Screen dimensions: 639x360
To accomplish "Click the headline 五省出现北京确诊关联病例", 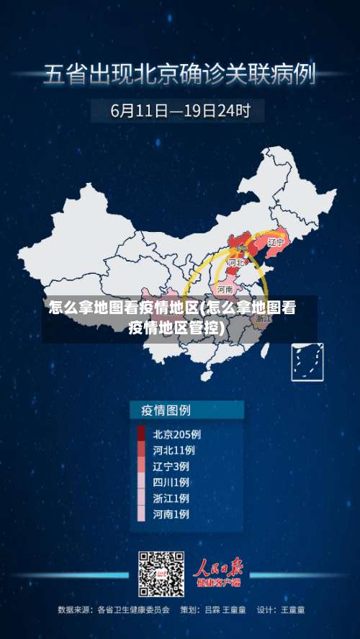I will point(180,74).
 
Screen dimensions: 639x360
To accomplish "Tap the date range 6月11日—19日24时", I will point(180,111).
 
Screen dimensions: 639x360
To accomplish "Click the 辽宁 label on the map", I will point(276,242).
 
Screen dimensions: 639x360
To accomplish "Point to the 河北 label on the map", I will point(235,264).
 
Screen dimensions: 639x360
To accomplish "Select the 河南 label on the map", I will point(225,290).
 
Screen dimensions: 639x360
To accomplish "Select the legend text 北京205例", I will point(176,434).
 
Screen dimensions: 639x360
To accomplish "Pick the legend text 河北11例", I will point(174,450).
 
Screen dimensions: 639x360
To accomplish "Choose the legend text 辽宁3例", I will point(171,466).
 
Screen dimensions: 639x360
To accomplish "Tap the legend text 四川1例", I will point(171,482).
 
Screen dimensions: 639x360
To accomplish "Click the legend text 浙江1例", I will point(171,498).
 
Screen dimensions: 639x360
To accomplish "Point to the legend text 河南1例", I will point(171,514).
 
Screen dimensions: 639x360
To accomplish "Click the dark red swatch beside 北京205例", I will point(141,434).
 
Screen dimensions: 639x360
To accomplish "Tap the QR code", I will point(161,573).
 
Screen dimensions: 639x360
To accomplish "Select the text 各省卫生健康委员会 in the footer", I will point(133,609).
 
